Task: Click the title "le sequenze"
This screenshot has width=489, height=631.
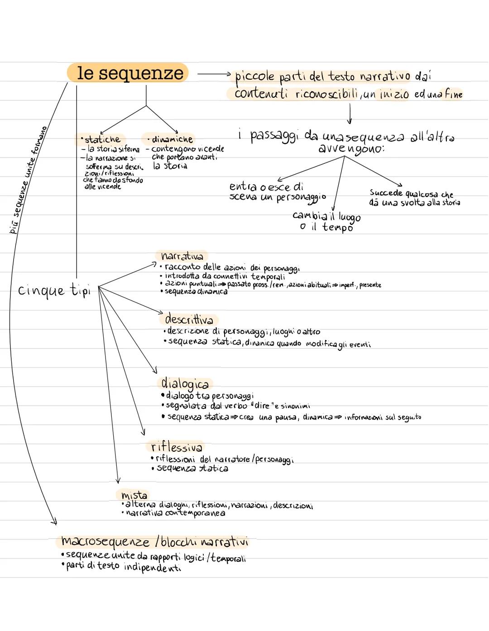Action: (x=130, y=73)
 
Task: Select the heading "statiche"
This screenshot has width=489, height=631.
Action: (x=102, y=139)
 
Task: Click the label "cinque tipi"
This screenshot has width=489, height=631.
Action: (x=54, y=290)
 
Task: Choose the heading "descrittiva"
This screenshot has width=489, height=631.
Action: (x=189, y=320)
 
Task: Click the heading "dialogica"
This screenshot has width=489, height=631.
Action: (x=185, y=384)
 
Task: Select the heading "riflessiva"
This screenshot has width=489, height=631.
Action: (x=177, y=447)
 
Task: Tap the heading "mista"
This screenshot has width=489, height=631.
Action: (x=134, y=495)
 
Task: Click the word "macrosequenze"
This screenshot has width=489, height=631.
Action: (x=105, y=541)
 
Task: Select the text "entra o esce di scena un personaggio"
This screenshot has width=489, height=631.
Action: (x=277, y=192)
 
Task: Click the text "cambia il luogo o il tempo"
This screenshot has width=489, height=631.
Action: (x=326, y=221)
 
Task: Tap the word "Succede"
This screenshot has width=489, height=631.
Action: (x=386, y=193)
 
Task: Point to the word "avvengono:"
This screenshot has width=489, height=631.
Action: (x=351, y=149)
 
